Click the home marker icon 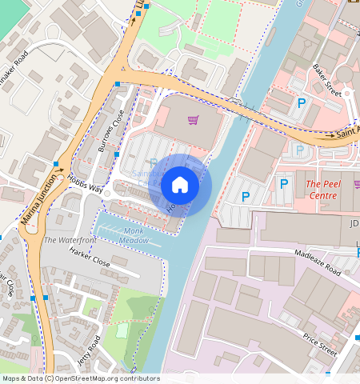coord(180,185)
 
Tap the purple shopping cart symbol coord(193,121)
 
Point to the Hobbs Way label coord(85,184)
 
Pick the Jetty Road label coord(94,351)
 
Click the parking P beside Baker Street coord(302,103)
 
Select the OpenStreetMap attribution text coord(81,378)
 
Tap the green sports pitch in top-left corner coord(12,12)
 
